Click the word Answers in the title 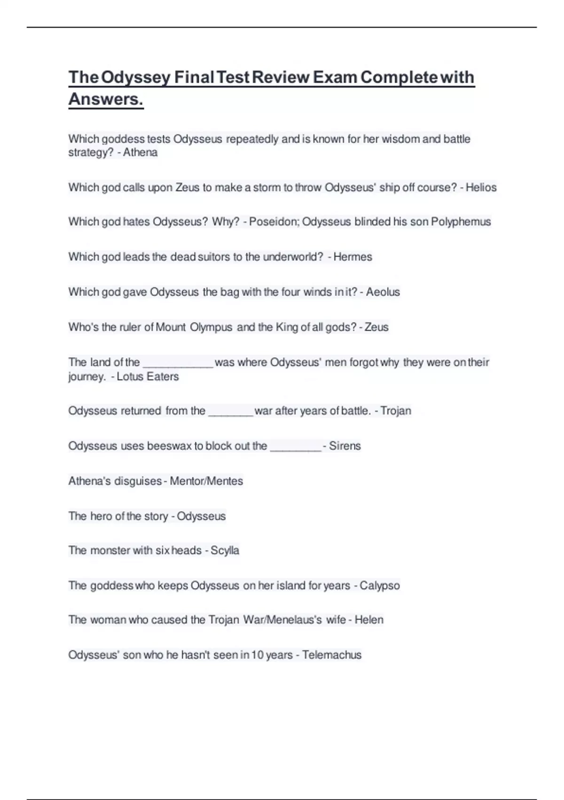(105, 99)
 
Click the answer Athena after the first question (140, 152)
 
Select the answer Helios (481, 188)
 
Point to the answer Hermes (352, 257)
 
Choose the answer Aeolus (383, 292)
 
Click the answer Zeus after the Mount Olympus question (376, 327)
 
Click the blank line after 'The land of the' (178, 364)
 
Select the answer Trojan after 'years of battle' (396, 411)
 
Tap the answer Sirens (345, 446)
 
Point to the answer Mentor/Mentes (206, 481)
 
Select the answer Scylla (225, 551)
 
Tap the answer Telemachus (332, 655)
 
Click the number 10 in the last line (257, 655)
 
